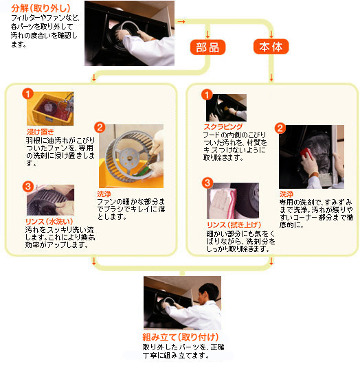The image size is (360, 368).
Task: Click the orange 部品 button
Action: (207, 47)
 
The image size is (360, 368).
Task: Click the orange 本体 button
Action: (271, 47)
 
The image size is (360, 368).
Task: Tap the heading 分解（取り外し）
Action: (41, 8)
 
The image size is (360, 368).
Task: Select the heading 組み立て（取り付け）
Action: (181, 337)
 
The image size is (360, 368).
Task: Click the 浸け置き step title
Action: (41, 132)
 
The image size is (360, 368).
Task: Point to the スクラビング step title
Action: (223, 127)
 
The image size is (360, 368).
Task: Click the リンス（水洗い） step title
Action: (49, 221)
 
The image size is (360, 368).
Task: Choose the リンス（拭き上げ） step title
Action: (234, 225)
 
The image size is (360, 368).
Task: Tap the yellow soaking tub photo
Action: (50, 108)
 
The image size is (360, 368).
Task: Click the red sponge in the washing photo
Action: (306, 153)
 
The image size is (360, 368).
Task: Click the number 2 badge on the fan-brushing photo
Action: (100, 128)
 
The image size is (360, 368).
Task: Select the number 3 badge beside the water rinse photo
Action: (28, 187)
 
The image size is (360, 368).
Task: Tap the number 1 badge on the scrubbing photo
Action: (207, 95)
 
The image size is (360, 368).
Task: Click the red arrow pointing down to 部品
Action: (207, 34)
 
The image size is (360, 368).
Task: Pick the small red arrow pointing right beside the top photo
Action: (181, 21)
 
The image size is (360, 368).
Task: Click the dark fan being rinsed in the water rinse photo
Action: (45, 203)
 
